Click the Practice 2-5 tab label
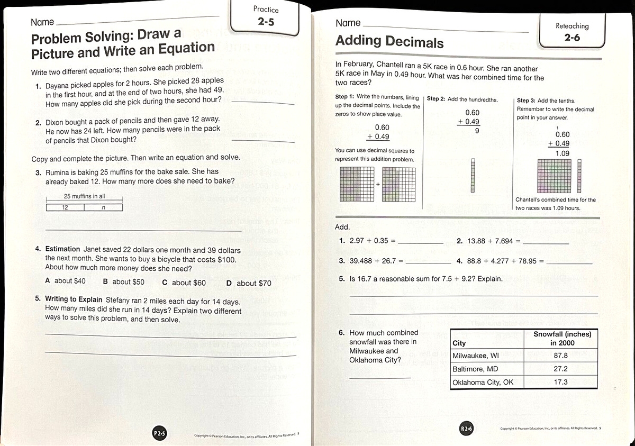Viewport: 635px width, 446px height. click(x=266, y=16)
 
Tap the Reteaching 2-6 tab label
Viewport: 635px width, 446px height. click(x=572, y=32)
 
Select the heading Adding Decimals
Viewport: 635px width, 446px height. click(x=389, y=41)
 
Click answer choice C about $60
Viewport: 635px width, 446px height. click(x=184, y=283)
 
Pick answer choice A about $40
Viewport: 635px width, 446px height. click(x=66, y=281)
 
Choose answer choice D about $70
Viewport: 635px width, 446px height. click(x=249, y=283)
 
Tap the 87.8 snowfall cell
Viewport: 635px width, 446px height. click(x=560, y=356)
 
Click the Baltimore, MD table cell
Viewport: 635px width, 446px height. click(x=475, y=369)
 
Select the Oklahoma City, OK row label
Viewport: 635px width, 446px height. click(x=483, y=382)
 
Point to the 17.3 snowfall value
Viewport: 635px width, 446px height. click(x=560, y=382)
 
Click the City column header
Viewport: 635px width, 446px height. click(x=459, y=343)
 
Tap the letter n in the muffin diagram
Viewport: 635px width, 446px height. click(x=103, y=207)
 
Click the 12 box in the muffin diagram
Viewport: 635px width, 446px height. click(x=65, y=207)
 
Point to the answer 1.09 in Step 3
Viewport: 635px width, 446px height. click(x=562, y=153)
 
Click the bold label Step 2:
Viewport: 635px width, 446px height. click(x=436, y=99)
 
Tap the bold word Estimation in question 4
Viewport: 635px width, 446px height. click(x=62, y=249)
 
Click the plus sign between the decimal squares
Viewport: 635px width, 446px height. click(x=378, y=185)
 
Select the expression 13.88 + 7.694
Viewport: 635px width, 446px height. click(x=491, y=241)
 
